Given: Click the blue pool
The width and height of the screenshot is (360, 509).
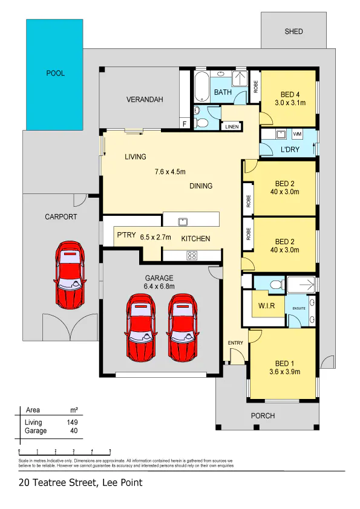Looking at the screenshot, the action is point(54,75).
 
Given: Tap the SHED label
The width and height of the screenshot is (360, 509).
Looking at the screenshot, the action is point(293,31).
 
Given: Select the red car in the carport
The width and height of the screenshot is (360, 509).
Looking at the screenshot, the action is point(70,274).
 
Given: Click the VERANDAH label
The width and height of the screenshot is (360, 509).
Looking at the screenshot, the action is point(145,99).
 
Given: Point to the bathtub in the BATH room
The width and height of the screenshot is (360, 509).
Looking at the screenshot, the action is point(201,86).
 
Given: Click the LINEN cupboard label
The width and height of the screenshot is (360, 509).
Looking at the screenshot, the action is point(232,126).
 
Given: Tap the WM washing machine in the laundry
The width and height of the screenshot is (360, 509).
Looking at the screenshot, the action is point(297,134).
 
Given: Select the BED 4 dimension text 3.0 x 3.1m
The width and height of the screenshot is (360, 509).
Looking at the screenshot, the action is point(290,103).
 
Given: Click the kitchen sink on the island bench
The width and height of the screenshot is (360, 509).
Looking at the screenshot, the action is point(183,222).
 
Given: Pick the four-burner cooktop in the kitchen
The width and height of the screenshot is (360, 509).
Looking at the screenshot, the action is point(192,256).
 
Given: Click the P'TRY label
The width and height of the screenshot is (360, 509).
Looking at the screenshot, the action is point(126,235).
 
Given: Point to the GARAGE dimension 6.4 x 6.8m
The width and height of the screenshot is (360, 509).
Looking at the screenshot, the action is point(159,287).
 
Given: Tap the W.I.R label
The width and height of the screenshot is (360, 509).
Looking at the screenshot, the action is point(266,306).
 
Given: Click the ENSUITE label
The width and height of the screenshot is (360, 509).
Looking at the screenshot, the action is point(299,308).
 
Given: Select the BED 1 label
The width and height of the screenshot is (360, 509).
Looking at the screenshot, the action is point(284,363).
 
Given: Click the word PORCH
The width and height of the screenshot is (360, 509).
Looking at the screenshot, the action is point(263,415).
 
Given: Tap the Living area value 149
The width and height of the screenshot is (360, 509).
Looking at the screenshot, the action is point(72,423).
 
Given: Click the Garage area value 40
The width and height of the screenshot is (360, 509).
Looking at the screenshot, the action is point(74,431).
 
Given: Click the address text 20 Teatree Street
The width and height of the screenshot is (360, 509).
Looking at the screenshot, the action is point(58,483).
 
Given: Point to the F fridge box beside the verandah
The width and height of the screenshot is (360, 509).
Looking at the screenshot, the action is point(185,124).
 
